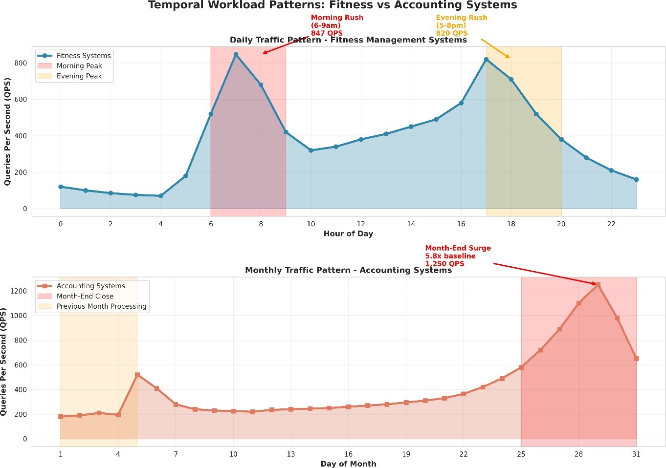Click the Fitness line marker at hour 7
236,54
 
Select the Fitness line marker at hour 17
486,59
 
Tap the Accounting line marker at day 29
598,284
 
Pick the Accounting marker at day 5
137,375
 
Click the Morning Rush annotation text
336,25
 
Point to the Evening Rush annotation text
461,25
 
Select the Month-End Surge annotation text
458,255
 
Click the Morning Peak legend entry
79,66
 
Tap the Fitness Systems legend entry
83,56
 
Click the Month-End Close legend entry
85,296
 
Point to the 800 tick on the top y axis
21,63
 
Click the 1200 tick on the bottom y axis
18,291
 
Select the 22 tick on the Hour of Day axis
611,224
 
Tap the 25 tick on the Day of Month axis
521,454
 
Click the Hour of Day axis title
348,234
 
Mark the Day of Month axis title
348,464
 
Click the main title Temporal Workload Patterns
333,5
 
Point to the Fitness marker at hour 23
636,180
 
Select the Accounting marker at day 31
636,359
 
